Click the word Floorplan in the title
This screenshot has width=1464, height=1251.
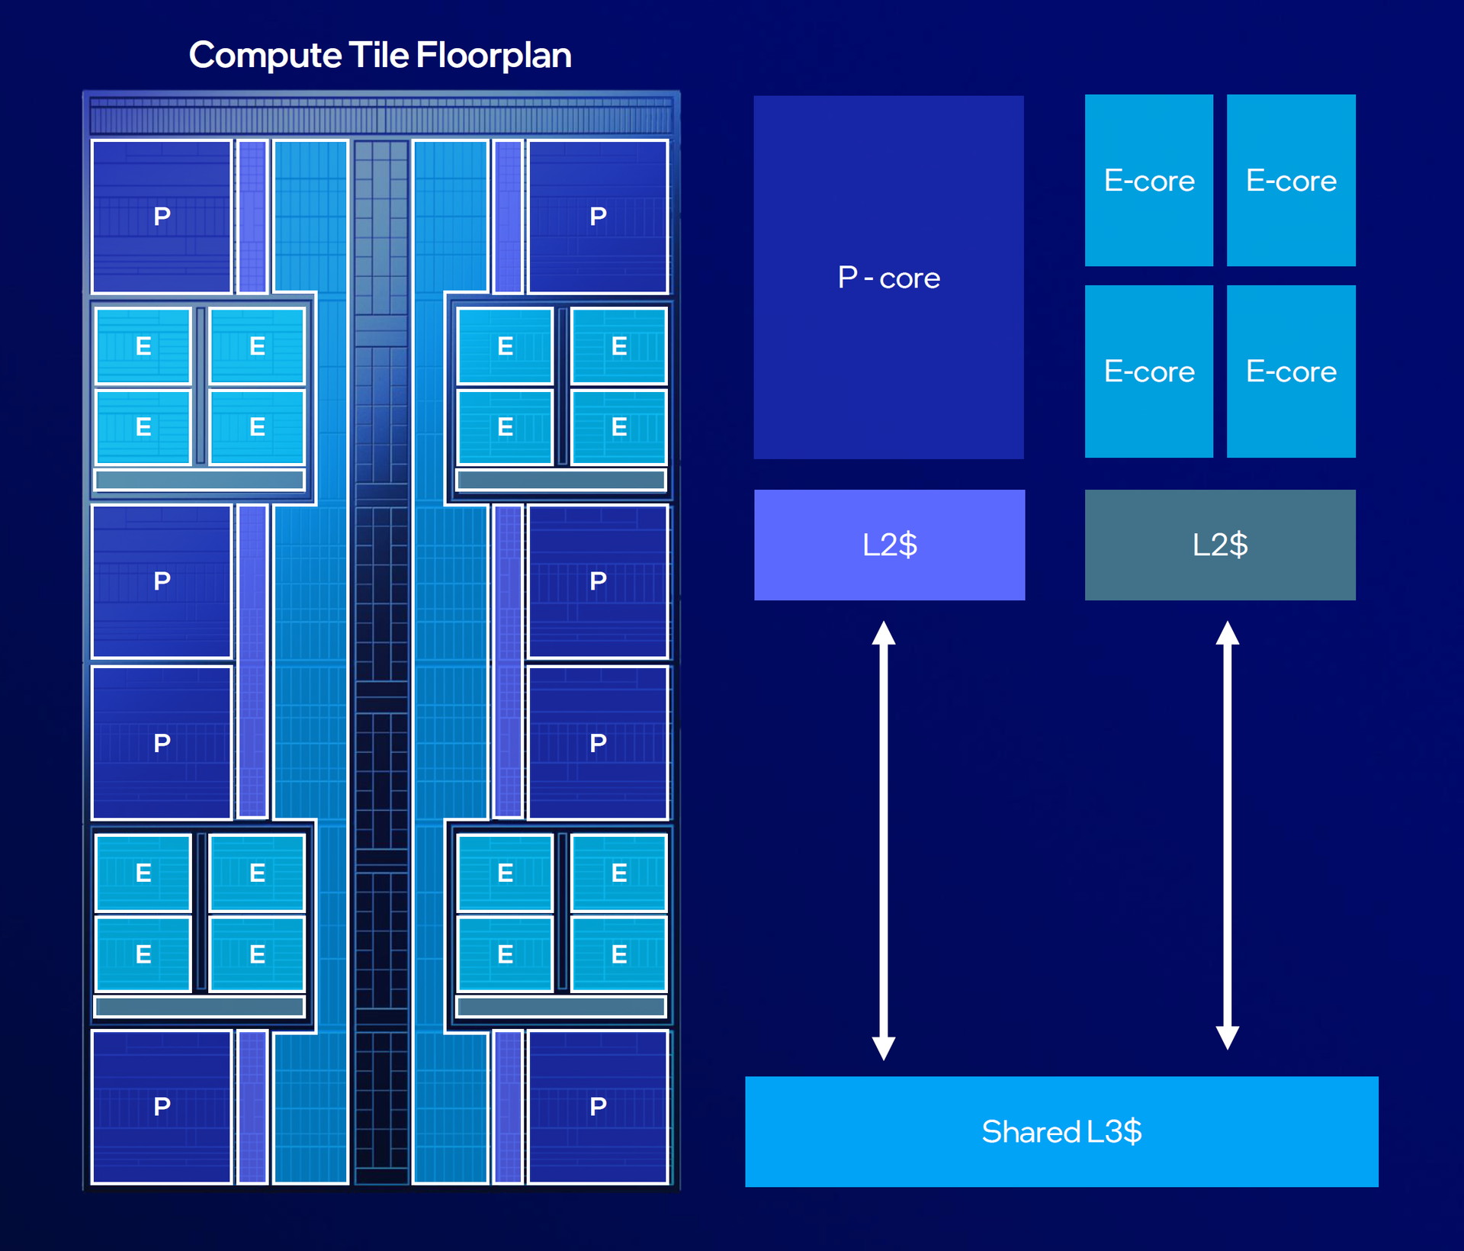coord(493,56)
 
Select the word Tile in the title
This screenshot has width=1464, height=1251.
coord(378,56)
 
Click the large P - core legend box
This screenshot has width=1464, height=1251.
coord(888,277)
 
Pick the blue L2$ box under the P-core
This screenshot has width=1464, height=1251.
coord(889,545)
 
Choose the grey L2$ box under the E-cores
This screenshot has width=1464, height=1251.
coord(1220,545)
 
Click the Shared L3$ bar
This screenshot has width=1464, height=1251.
coord(1061,1131)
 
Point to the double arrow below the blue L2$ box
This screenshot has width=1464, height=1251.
coord(884,840)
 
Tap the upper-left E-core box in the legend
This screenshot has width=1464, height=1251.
coord(1149,180)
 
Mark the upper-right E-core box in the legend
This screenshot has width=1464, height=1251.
coord(1291,180)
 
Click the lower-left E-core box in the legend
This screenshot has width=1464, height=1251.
coord(1149,371)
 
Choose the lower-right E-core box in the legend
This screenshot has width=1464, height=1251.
coord(1291,371)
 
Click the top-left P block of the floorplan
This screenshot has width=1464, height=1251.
coord(162,217)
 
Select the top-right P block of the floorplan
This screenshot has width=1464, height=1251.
coord(598,217)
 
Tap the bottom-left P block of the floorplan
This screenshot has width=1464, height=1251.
coord(162,1106)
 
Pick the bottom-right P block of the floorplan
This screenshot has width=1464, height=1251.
coord(598,1106)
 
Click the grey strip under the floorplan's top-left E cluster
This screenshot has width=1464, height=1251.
coord(200,480)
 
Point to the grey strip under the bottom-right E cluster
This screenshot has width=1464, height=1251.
coord(561,1006)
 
